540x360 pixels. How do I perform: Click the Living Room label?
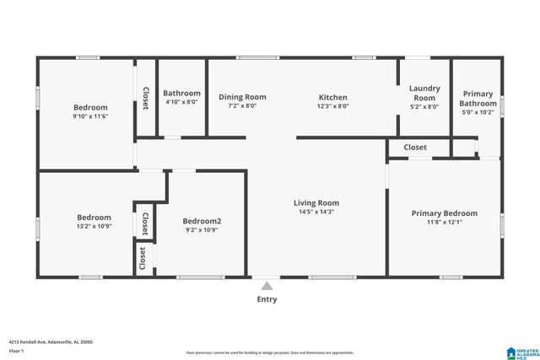tap(316, 202)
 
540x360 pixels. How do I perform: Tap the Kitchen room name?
tap(332, 97)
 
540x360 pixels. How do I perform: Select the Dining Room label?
tap(242, 97)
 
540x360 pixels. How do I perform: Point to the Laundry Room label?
tap(424, 93)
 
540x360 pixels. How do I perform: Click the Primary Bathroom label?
tap(478, 98)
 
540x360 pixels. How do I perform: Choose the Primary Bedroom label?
tap(444, 213)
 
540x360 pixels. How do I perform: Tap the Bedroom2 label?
tap(202, 221)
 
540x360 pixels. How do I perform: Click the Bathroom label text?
tap(181, 93)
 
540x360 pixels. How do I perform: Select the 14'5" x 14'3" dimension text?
tap(316, 212)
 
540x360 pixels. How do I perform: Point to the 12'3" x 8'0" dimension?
tap(332, 106)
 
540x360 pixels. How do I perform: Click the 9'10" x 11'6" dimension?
tap(90, 116)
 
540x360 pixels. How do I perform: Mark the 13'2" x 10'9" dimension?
tap(94, 226)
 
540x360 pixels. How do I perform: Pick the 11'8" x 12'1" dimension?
tap(444, 223)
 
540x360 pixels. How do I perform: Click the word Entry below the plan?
tap(267, 299)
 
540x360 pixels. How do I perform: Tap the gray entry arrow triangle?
tap(267, 286)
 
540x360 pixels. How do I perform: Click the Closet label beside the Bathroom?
tap(145, 98)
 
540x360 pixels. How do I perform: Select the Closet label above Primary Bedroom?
tap(415, 148)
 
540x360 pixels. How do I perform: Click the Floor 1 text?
tap(17, 350)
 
